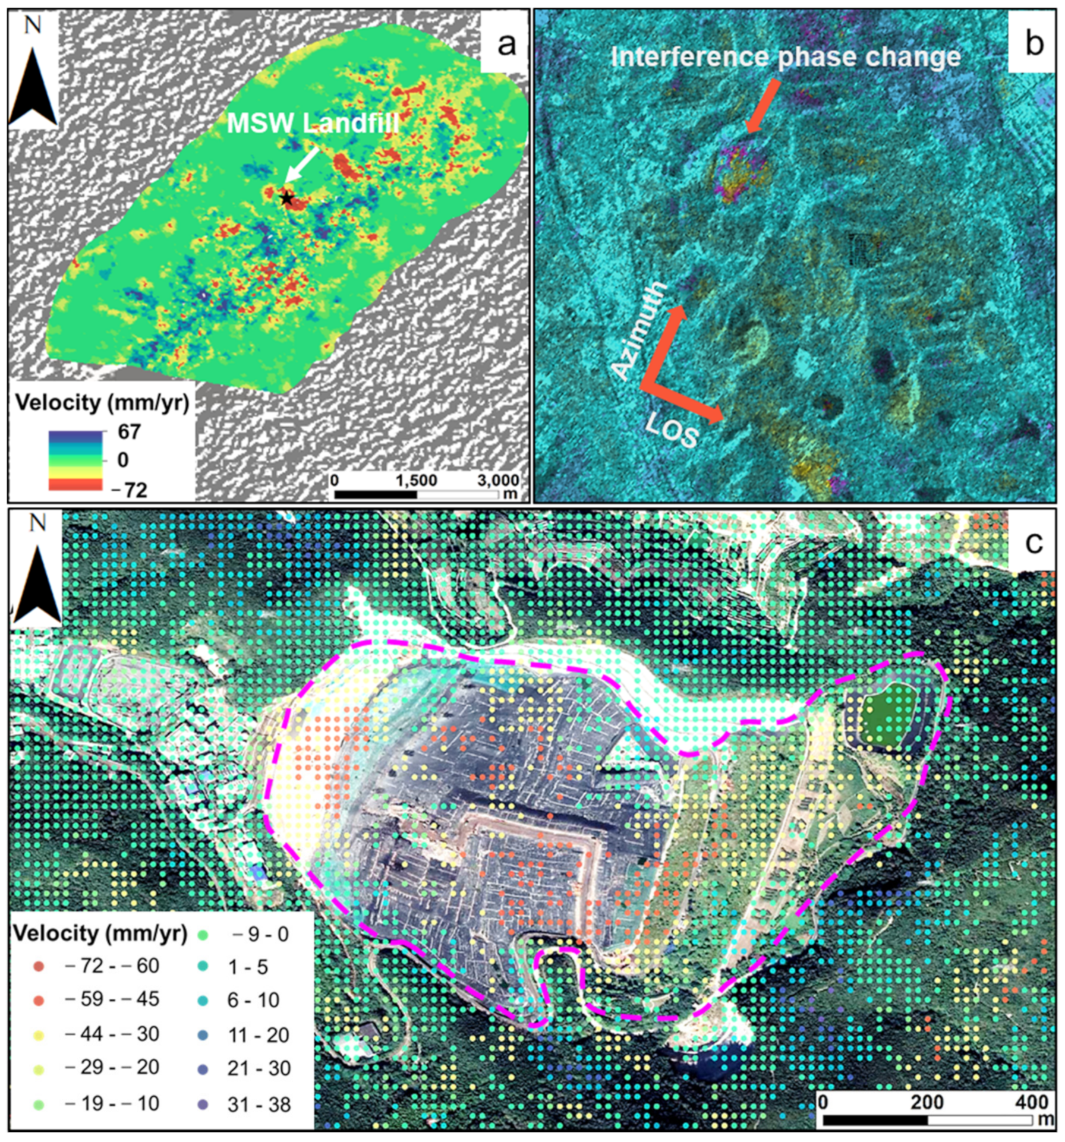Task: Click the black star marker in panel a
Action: pos(287,198)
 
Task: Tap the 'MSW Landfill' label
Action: pos(313,124)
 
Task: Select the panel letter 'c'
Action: pos(1035,542)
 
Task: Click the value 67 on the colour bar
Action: pos(129,432)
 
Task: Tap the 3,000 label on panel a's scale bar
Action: pos(498,480)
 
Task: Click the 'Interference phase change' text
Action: pos(785,58)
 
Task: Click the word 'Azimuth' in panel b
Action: pos(639,331)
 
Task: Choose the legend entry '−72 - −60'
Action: pos(111,966)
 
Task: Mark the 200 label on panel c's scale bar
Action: pos(927,1102)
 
